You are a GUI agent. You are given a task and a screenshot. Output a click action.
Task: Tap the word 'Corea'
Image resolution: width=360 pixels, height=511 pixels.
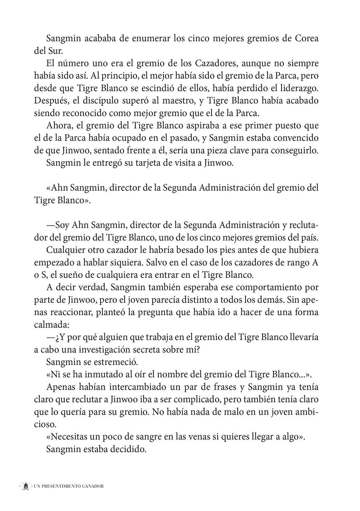pos(306,38)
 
